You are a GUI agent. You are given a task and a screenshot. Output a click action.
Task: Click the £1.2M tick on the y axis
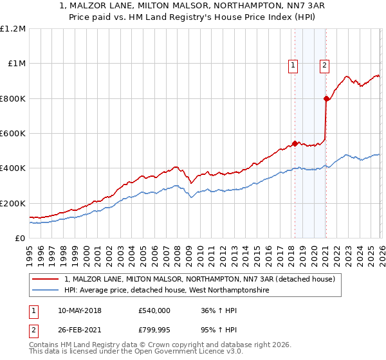point(13,29)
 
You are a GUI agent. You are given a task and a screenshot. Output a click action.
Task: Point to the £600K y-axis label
point(13,134)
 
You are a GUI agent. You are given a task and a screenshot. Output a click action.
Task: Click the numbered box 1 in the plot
point(293,64)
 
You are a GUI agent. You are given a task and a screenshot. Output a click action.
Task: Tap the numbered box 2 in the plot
point(324,64)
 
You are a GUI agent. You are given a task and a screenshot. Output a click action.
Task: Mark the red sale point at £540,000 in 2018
point(295,143)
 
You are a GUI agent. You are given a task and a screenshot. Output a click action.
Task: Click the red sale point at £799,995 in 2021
point(326,98)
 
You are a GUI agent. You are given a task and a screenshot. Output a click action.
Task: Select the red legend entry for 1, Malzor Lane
point(199,280)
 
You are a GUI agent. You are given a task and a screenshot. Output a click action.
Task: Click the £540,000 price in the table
point(154,310)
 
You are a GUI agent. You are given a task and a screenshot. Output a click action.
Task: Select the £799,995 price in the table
point(154,329)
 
